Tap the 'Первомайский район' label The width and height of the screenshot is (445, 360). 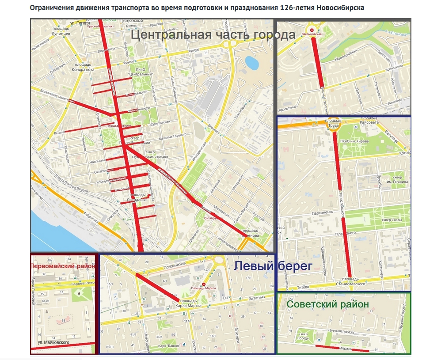63,266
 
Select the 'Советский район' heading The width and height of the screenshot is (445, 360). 327,304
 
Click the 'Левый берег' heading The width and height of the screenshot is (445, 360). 273,266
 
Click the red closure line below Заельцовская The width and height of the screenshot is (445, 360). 317,62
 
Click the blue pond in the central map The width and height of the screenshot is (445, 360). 251,62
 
